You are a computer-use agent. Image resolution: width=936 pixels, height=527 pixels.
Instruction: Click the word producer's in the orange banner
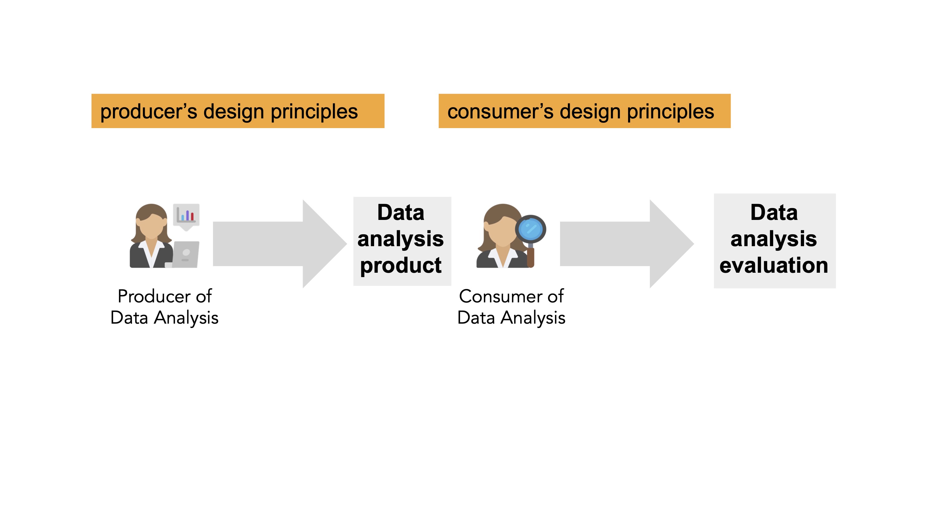[x=148, y=112]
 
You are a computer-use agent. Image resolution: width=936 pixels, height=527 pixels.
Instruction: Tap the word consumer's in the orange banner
[x=500, y=112]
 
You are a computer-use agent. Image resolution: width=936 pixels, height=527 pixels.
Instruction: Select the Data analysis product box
[x=402, y=241]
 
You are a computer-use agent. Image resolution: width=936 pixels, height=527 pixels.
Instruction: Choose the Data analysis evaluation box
[x=774, y=241]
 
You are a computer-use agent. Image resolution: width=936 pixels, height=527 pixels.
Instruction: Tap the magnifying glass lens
[x=530, y=229]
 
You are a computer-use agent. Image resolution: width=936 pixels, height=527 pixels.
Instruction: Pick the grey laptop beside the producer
[x=186, y=254]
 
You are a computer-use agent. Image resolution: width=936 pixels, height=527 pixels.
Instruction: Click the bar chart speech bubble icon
[x=186, y=216]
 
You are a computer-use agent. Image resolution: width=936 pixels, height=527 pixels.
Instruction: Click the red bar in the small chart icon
[x=192, y=217]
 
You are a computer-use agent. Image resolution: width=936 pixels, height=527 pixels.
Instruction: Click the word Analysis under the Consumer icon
[x=533, y=318]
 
